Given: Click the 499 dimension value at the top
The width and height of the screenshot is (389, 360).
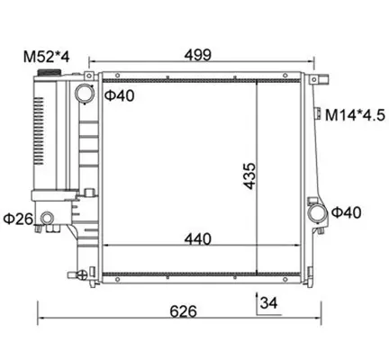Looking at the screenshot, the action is tap(198, 55).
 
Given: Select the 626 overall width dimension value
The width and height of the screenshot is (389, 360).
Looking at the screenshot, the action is tap(183, 311).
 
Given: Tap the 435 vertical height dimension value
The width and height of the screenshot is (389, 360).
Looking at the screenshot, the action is tap(249, 176).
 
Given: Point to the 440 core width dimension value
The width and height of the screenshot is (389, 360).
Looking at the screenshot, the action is tap(198, 239).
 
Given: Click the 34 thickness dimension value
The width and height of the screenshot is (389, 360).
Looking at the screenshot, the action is tap(268, 303).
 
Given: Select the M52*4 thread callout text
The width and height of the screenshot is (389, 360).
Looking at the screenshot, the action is tap(47, 57).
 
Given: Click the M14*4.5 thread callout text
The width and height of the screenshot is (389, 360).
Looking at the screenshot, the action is tap(355, 115).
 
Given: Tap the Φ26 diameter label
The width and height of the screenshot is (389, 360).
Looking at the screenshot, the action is tap(18, 219).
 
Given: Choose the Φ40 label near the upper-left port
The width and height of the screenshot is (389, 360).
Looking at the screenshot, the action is tap(120, 95).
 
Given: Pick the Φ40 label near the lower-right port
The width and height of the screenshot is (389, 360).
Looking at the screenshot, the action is tap(346, 212).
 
